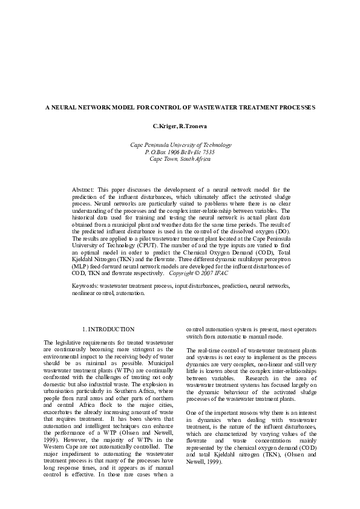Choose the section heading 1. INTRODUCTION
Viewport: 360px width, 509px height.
coord(108,329)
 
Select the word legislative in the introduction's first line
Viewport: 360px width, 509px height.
coord(69,343)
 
